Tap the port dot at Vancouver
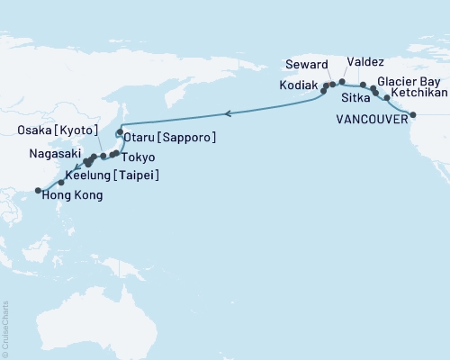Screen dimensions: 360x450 [x=414, y=114]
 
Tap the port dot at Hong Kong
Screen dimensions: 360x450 [x=38, y=190]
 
